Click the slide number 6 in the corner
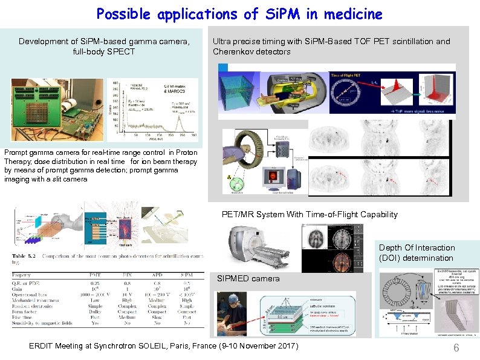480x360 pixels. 456,347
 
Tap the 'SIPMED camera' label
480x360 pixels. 248,279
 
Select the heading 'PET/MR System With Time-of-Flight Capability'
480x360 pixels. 310,214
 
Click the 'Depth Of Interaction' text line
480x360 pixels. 417,247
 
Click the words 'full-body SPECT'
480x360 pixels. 103,51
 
